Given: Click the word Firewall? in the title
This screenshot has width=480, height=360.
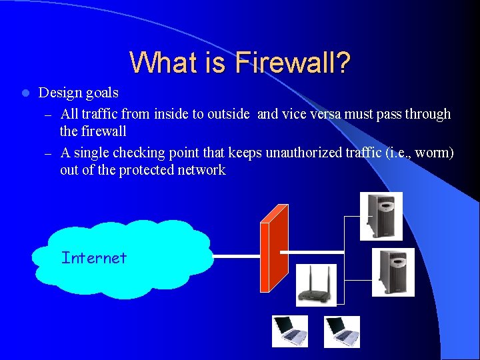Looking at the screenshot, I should (x=293, y=63).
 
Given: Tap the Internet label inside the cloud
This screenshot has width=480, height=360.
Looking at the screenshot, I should (x=93, y=258).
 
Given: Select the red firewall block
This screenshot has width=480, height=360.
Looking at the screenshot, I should (x=274, y=247).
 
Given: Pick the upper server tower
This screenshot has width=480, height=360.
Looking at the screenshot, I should (x=381, y=216).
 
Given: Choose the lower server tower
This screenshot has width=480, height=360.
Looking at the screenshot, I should (x=393, y=272).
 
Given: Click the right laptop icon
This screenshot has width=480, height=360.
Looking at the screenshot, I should (x=342, y=331).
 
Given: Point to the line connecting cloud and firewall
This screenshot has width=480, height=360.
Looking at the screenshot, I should (x=237, y=255).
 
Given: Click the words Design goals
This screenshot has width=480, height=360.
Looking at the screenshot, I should (x=79, y=93).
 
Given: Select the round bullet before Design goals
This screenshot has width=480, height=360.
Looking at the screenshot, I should (x=25, y=93).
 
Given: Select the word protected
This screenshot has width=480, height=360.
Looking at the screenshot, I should (x=147, y=170).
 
